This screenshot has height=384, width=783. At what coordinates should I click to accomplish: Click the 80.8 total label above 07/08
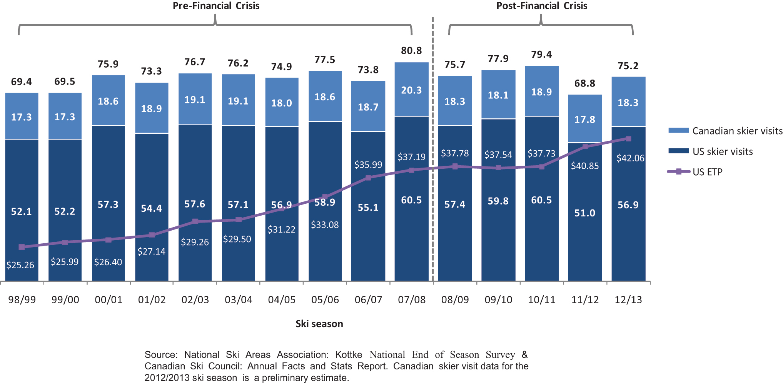point(411,51)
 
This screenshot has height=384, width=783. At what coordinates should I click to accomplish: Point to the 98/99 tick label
point(22,300)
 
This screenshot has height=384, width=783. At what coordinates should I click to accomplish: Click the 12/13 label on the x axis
point(628,300)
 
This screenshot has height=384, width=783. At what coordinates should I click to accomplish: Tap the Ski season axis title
point(319,324)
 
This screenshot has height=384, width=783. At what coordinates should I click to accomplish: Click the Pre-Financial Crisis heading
point(216,6)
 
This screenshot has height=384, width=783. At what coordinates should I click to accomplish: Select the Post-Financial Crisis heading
point(542,6)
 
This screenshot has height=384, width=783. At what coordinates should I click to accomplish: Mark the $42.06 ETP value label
point(630,158)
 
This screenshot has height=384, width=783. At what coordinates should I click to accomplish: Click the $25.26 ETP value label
point(20,265)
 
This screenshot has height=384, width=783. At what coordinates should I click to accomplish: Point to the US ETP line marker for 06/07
point(368,178)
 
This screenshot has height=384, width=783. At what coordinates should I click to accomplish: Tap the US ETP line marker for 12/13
point(628,139)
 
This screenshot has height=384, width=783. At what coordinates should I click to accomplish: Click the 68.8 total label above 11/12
point(585,83)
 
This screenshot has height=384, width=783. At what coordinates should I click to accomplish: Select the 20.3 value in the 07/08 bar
point(411,90)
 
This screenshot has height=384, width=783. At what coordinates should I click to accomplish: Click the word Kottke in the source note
point(349,355)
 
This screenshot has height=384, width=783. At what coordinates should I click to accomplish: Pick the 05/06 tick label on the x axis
point(325,300)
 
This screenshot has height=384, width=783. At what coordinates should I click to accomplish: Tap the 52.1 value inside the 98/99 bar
point(22,211)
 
